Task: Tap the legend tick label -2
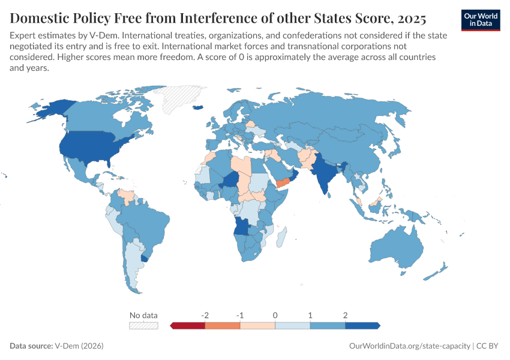point(205,315)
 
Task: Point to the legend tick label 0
point(275,315)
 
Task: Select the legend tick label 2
point(345,315)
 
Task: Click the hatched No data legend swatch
point(144,325)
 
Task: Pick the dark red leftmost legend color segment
point(188,325)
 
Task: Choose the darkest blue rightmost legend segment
point(362,325)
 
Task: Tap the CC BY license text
point(488,346)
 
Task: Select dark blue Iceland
point(197,107)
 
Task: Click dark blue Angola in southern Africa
point(241,226)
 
